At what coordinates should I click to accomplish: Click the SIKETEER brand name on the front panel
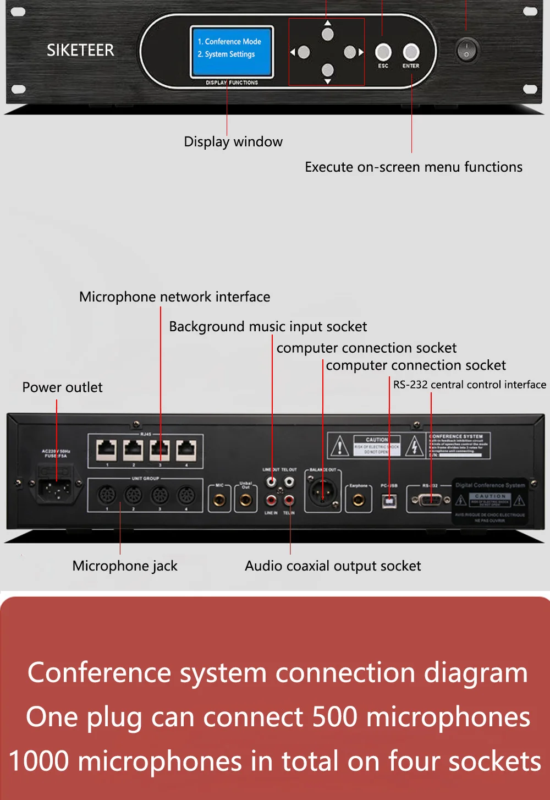coord(80,50)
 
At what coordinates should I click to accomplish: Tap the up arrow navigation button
coord(328,34)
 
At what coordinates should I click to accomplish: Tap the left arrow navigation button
coord(304,52)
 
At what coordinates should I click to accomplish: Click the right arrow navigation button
coord(350,52)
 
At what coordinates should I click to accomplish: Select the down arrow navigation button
coord(328,70)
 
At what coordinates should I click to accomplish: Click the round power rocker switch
coord(466,51)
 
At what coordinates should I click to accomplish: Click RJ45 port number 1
coord(107,450)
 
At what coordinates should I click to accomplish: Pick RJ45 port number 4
coord(186,450)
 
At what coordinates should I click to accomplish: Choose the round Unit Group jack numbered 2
coord(133,495)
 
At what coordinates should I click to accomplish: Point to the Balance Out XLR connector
coord(322,491)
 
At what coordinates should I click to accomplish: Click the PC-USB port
coord(389,501)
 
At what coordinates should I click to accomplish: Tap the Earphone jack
coord(359,500)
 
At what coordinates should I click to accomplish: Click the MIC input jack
coord(219,500)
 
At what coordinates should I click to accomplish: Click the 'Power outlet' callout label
coord(62,387)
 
